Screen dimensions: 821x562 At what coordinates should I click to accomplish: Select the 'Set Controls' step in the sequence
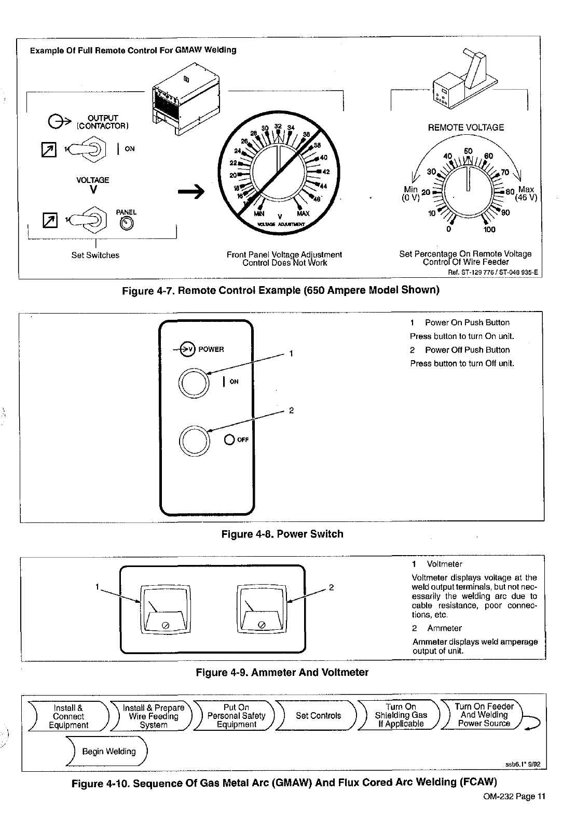click(x=318, y=716)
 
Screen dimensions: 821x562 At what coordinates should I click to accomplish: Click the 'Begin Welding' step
click(x=108, y=751)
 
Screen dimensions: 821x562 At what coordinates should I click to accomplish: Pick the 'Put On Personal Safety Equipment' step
click(x=236, y=716)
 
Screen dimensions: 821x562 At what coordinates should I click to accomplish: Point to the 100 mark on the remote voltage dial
click(x=489, y=230)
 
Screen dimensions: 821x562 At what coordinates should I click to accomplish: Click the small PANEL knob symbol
click(x=127, y=223)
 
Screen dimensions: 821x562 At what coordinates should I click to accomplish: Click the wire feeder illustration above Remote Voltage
click(x=458, y=83)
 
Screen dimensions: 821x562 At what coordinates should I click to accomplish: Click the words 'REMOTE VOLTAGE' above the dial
click(x=465, y=128)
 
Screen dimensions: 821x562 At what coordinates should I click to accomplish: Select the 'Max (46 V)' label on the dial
click(x=526, y=193)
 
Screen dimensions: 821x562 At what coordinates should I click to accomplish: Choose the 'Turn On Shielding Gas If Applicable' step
click(x=401, y=716)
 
